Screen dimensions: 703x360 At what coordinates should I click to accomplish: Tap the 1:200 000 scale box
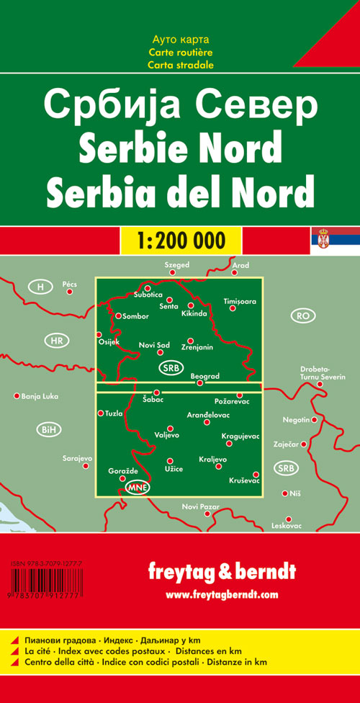click(x=179, y=239)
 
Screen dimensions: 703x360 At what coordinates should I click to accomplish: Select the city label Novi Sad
click(x=154, y=346)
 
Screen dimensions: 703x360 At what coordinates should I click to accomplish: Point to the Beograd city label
click(x=204, y=376)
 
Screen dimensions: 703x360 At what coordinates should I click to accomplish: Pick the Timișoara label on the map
click(x=240, y=300)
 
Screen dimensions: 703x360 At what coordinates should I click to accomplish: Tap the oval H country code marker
click(x=41, y=287)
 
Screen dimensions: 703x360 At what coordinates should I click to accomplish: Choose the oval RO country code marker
click(x=303, y=315)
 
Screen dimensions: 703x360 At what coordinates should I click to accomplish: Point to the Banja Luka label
click(x=40, y=396)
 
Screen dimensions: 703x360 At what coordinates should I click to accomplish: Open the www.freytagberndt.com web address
click(x=222, y=594)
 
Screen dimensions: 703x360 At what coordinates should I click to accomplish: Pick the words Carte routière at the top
click(x=179, y=53)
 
